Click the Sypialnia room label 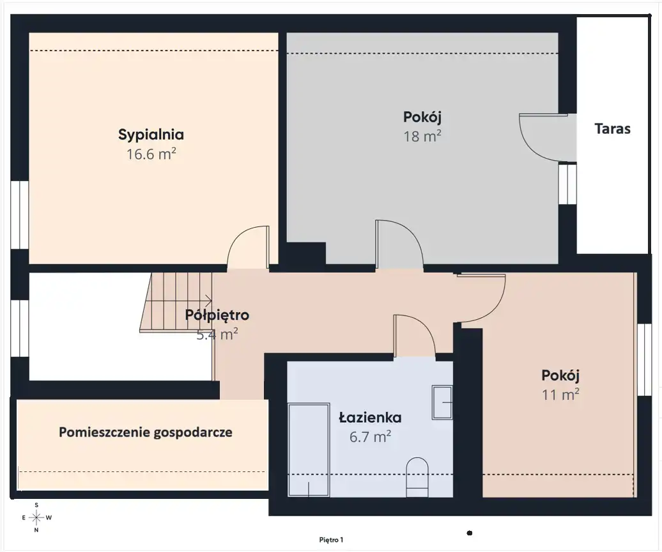click(x=151, y=135)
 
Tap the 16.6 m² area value click(x=151, y=154)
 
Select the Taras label click(x=612, y=129)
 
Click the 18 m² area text click(x=422, y=136)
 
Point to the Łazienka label click(x=370, y=418)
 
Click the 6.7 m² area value click(x=370, y=437)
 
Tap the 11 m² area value click(x=560, y=395)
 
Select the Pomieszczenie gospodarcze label click(x=146, y=432)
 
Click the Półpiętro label click(x=217, y=315)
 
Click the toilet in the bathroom click(x=417, y=477)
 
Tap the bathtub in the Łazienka click(x=309, y=450)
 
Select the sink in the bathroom click(x=442, y=402)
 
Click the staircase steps click(x=176, y=302)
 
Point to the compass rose click(x=36, y=517)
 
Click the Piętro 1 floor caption click(x=331, y=540)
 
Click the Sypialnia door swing click(x=248, y=247)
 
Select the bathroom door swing click(x=414, y=336)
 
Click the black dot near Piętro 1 click(x=470, y=533)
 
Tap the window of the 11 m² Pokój click(x=644, y=359)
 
